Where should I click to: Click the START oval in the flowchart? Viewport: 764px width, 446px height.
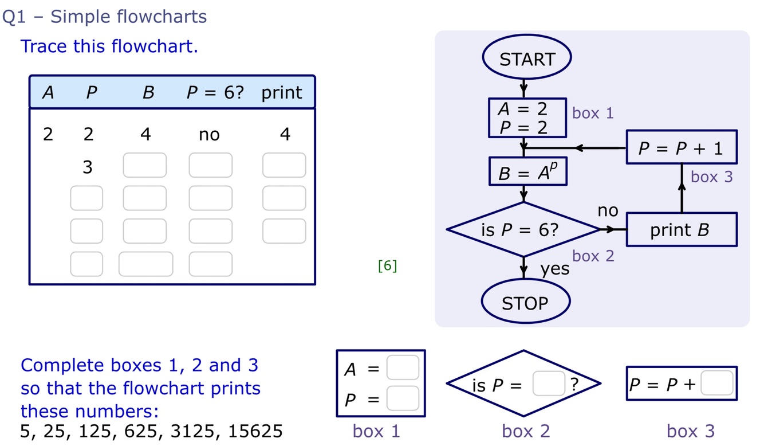pyautogui.click(x=527, y=59)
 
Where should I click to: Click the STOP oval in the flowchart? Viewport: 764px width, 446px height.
pyautogui.click(x=525, y=303)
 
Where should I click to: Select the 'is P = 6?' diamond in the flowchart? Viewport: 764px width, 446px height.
pyautogui.click(x=523, y=230)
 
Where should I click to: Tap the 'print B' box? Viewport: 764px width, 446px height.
pyautogui.click(x=681, y=230)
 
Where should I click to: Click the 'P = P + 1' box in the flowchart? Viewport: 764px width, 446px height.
pyautogui.click(x=681, y=148)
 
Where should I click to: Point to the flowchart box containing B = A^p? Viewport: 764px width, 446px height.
pyautogui.click(x=527, y=172)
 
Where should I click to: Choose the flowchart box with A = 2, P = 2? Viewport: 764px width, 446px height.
pyautogui.click(x=527, y=118)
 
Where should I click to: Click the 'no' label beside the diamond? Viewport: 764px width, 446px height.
pyautogui.click(x=608, y=211)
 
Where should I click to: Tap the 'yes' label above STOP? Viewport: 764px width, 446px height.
pyautogui.click(x=555, y=268)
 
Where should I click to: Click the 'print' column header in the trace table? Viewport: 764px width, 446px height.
pyautogui.click(x=282, y=93)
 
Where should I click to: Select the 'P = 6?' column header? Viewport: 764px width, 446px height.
pyautogui.click(x=215, y=93)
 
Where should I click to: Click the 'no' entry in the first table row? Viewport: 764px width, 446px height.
pyautogui.click(x=209, y=135)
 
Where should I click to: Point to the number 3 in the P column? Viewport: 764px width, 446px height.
pyautogui.click(x=87, y=167)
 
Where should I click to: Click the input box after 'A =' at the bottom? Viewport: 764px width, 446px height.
pyautogui.click(x=403, y=368)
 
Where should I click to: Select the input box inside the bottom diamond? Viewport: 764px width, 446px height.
pyautogui.click(x=549, y=384)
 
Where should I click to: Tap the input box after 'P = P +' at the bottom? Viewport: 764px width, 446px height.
pyautogui.click(x=716, y=384)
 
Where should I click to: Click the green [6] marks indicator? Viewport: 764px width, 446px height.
pyautogui.click(x=387, y=265)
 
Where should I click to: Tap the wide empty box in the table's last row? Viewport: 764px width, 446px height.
pyautogui.click(x=145, y=264)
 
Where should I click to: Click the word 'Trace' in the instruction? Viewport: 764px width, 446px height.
pyautogui.click(x=44, y=46)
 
